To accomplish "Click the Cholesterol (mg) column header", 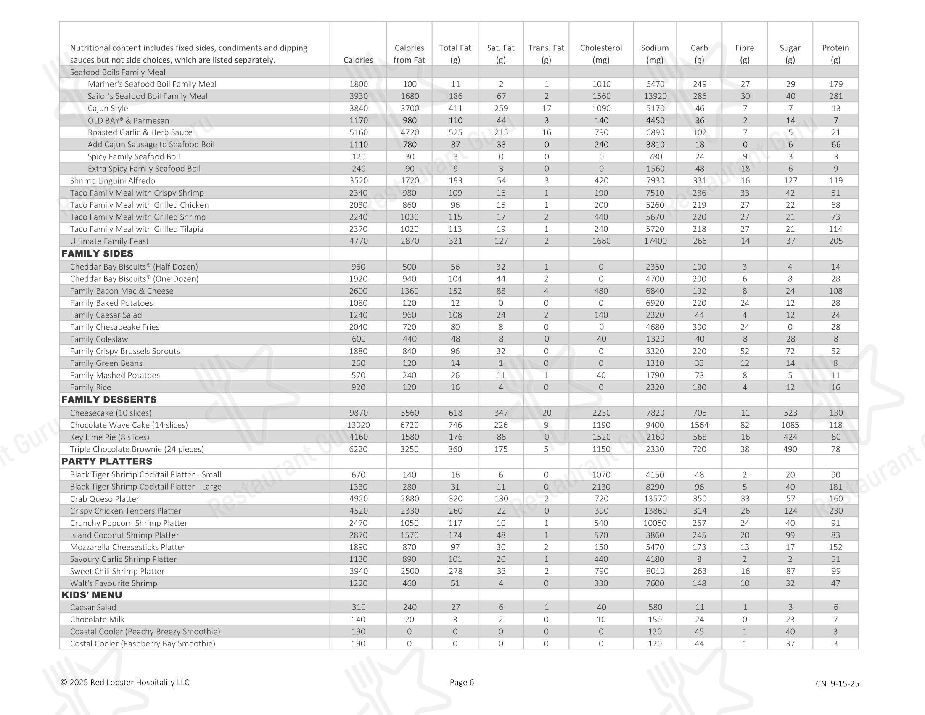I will (x=600, y=54).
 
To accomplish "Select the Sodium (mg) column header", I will (x=654, y=54).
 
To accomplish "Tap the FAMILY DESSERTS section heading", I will (x=109, y=400).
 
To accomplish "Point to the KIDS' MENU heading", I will (x=92, y=595).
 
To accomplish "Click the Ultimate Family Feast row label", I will (x=109, y=241).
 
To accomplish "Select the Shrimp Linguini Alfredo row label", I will (x=112, y=181).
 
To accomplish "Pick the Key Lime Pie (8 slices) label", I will (x=109, y=437).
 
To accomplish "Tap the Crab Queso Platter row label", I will (x=104, y=499).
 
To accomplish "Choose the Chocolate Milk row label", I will (x=97, y=619).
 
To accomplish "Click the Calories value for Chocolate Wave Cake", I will (x=358, y=425).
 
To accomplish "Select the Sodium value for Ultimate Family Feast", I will (x=655, y=241).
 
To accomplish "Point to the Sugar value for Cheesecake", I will (x=790, y=413).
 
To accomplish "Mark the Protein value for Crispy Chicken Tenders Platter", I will (x=835, y=511).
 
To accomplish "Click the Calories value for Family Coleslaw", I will (x=358, y=339).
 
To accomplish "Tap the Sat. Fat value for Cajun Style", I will (x=501, y=109).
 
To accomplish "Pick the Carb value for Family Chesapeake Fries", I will (x=699, y=327).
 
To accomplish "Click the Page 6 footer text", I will (x=462, y=682).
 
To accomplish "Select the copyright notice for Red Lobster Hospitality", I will (x=125, y=682).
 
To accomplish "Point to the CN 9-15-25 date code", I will (x=837, y=683).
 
